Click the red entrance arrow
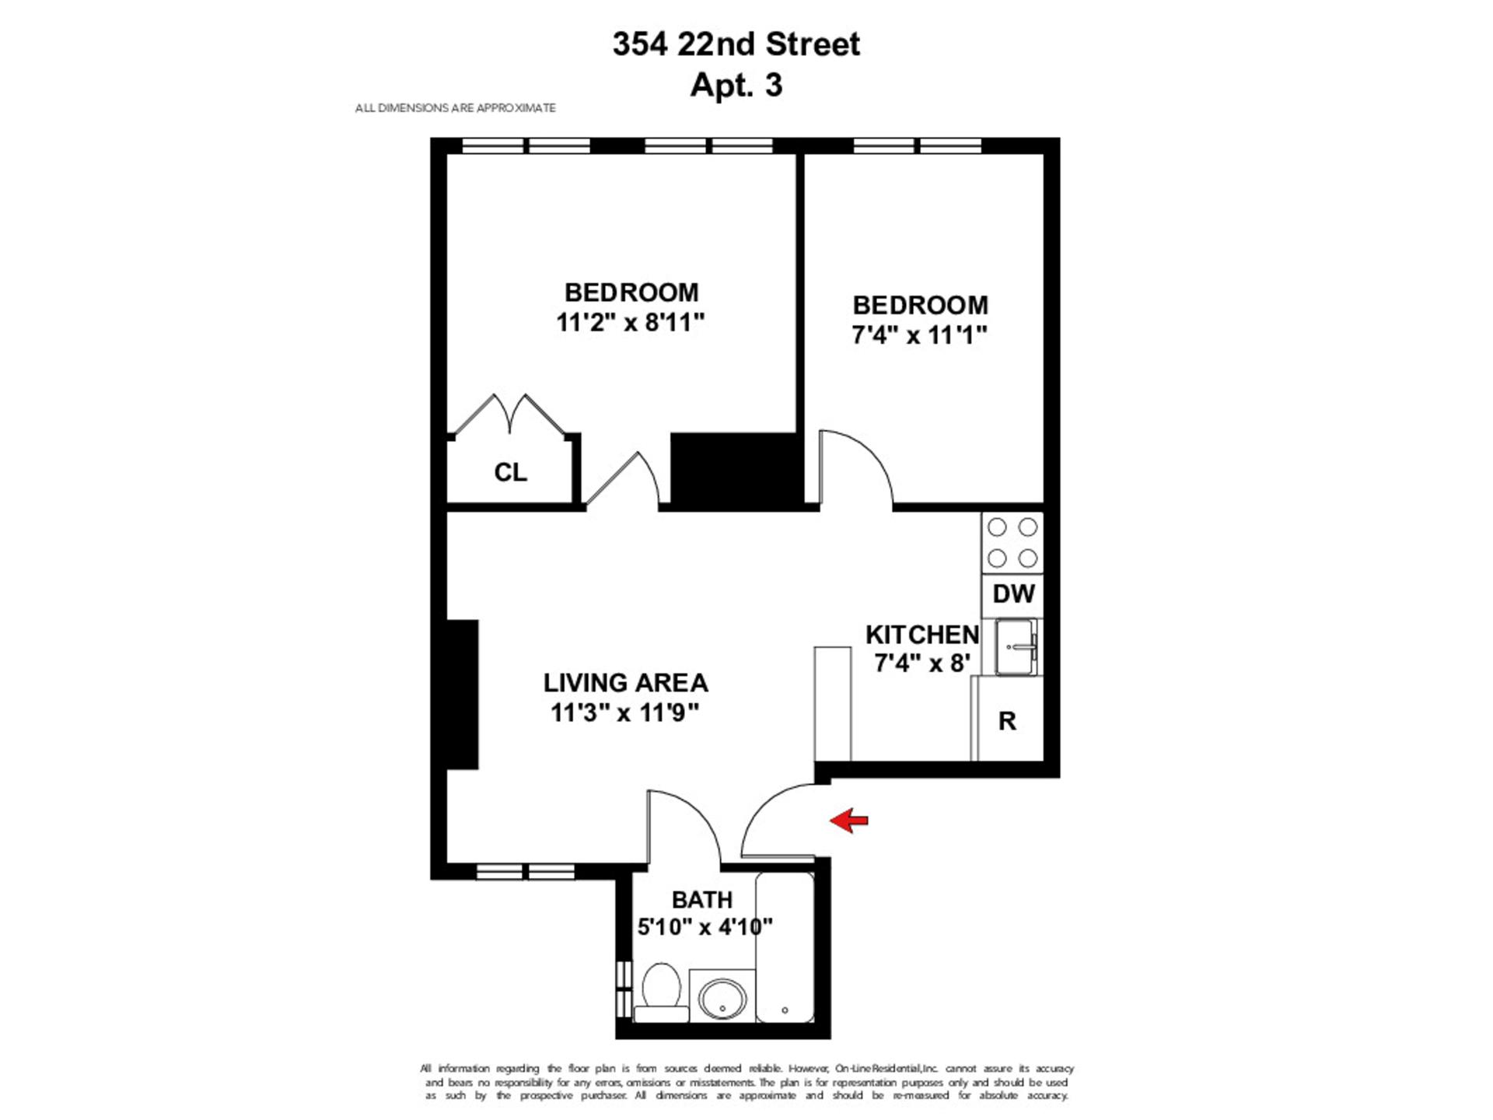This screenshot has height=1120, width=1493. pyautogui.click(x=848, y=820)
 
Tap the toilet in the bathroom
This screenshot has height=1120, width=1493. pyautogui.click(x=662, y=992)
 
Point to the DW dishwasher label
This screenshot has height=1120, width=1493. pyautogui.click(x=1013, y=594)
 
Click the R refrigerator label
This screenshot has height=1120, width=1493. pyautogui.click(x=1007, y=721)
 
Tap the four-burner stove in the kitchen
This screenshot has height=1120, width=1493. pyautogui.click(x=1012, y=543)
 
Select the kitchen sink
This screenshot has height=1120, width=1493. pyautogui.click(x=1016, y=647)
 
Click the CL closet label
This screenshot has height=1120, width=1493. pyautogui.click(x=511, y=472)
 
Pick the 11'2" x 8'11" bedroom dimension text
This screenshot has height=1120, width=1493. pyautogui.click(x=631, y=322)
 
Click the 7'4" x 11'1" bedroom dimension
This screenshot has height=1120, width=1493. pyautogui.click(x=920, y=334)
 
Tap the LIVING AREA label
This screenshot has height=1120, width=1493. pyautogui.click(x=626, y=683)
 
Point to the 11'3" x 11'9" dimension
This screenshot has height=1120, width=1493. pyautogui.click(x=625, y=712)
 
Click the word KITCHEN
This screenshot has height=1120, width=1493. pyautogui.click(x=922, y=635)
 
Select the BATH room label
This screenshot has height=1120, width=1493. pyautogui.click(x=702, y=900)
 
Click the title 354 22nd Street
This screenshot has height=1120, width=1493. pyautogui.click(x=736, y=44)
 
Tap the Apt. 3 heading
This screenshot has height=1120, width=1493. pyautogui.click(x=736, y=85)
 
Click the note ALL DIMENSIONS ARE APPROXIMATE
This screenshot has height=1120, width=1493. pyautogui.click(x=456, y=108)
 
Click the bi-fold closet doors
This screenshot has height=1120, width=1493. pyautogui.click(x=510, y=414)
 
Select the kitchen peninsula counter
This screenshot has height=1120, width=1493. pyautogui.click(x=833, y=703)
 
